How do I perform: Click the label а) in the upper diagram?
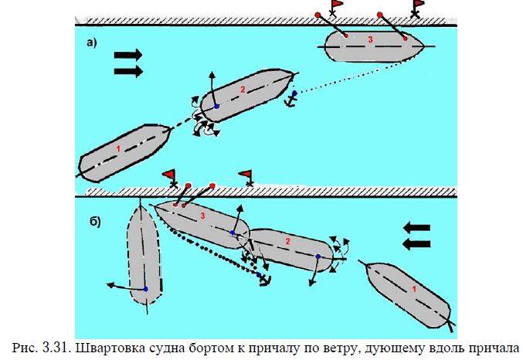pyautogui.click(x=90, y=43)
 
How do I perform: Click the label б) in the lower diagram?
pyautogui.click(x=92, y=222)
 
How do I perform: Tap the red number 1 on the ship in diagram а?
pyautogui.click(x=118, y=147)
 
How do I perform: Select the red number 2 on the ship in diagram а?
pyautogui.click(x=242, y=90)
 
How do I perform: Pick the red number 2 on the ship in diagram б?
pyautogui.click(x=287, y=242)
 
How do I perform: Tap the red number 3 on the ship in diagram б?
pyautogui.click(x=202, y=216)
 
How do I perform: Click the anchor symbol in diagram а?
pyautogui.click(x=292, y=98)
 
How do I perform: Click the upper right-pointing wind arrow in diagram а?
pyautogui.click(x=128, y=55)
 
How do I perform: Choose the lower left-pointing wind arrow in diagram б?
pyautogui.click(x=416, y=244)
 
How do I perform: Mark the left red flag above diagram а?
pyautogui.click(x=336, y=7)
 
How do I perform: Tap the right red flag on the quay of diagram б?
pyautogui.click(x=246, y=175)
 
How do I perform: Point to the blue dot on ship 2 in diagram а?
pyautogui.click(x=217, y=106)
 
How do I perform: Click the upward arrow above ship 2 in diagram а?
pyautogui.click(x=212, y=81)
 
